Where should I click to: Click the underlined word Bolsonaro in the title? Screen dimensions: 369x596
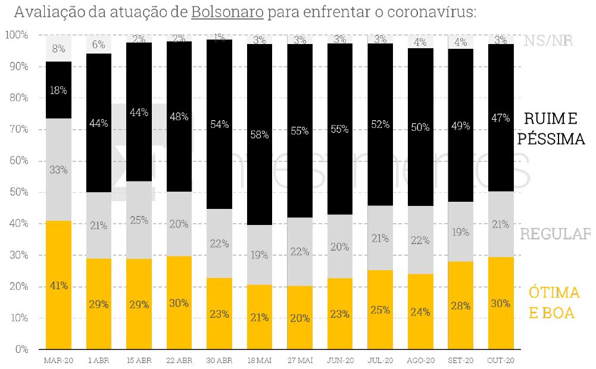pyautogui.click(x=227, y=12)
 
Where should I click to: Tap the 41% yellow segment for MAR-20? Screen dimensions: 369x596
pyautogui.click(x=58, y=285)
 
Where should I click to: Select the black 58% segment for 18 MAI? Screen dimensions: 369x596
pyautogui.click(x=260, y=135)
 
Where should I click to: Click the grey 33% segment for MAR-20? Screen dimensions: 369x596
pyautogui.click(x=58, y=170)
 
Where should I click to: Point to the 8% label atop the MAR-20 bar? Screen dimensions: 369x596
pyautogui.click(x=58, y=49)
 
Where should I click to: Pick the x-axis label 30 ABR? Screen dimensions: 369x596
pyautogui.click(x=219, y=361)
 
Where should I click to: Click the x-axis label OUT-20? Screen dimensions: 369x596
pyautogui.click(x=501, y=361)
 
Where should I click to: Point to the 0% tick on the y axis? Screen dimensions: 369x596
pyautogui.click(x=21, y=349)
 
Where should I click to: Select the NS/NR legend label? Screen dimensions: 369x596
pyautogui.click(x=548, y=40)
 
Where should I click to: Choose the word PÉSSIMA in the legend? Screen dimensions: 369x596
pyautogui.click(x=551, y=139)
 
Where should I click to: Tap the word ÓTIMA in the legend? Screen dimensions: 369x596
pyautogui.click(x=554, y=293)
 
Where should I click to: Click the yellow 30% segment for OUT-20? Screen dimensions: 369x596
pyautogui.click(x=501, y=303)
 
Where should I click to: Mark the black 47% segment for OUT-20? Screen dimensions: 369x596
pyautogui.click(x=501, y=118)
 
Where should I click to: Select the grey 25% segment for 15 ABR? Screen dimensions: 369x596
pyautogui.click(x=139, y=220)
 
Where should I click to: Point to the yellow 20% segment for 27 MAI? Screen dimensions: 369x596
pyautogui.click(x=299, y=318)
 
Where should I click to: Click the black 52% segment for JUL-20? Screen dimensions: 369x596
pyautogui.click(x=380, y=124)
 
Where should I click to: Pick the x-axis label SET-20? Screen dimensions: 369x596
pyautogui.click(x=461, y=361)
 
